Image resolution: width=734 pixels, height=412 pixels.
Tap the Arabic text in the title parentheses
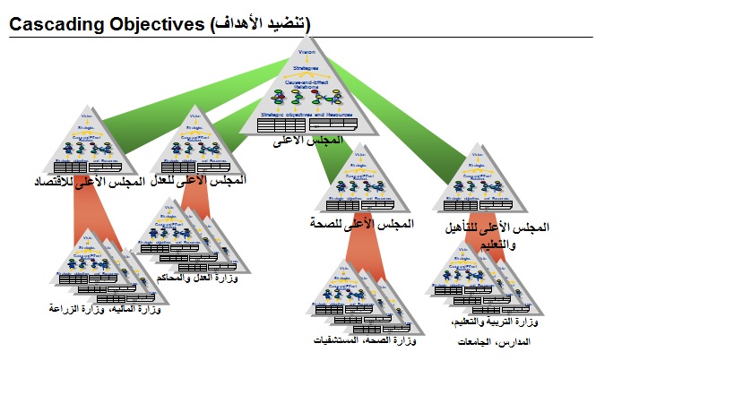[260, 25]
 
